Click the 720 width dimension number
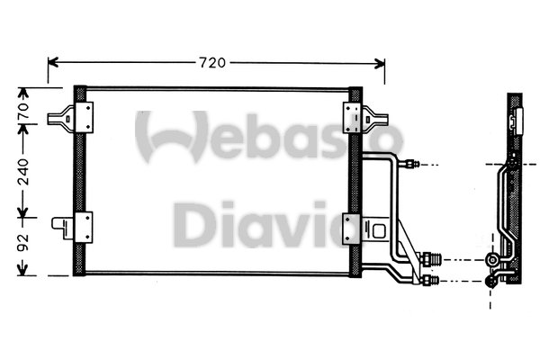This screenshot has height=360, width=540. click(x=212, y=62)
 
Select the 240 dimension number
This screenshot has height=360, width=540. click(x=24, y=171)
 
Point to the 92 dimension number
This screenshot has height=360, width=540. click(x=24, y=244)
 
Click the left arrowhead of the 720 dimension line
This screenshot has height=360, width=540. click(x=53, y=62)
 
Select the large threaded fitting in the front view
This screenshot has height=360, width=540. click(x=431, y=259)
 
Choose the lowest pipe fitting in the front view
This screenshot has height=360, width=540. click(x=427, y=282)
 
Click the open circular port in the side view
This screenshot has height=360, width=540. click(x=492, y=261)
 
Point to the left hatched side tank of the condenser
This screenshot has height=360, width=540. click(x=79, y=180)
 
